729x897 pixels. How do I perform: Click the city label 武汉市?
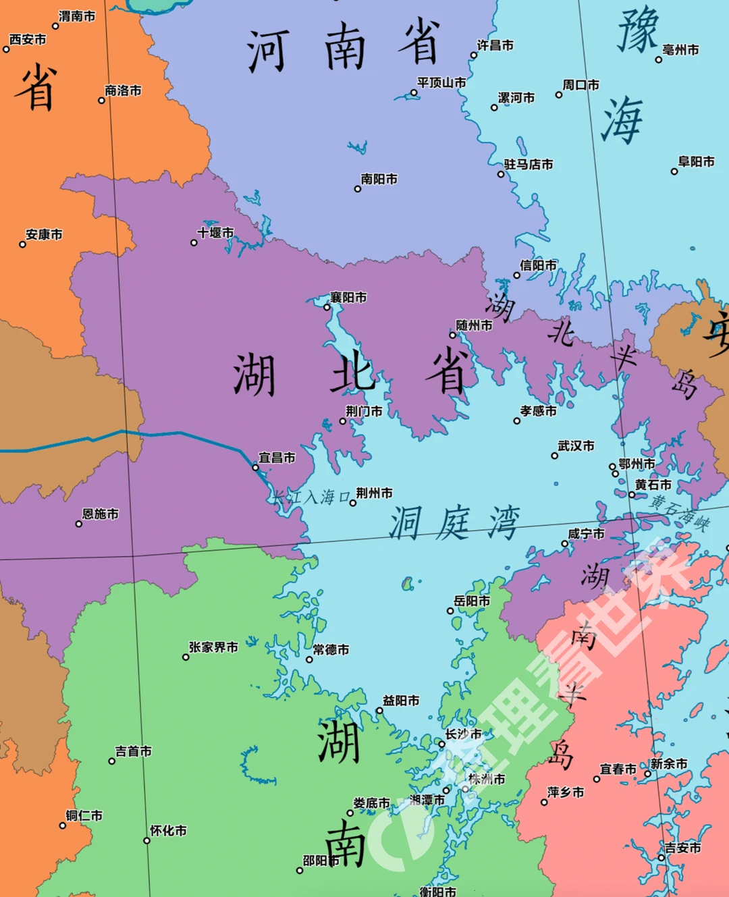[576, 446]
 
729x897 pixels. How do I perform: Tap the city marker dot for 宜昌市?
[255, 467]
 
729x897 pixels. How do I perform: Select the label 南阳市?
[379, 179]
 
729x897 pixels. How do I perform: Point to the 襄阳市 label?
[348, 298]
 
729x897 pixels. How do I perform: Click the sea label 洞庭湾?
[454, 523]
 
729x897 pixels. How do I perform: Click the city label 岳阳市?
[472, 601]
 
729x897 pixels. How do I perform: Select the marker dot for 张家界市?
[186, 657]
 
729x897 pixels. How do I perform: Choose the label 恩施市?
[101, 514]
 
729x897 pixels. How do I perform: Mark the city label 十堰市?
[215, 233]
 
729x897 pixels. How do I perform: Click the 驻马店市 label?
[529, 164]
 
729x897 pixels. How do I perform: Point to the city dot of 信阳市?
[517, 275]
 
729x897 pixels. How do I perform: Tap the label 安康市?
[44, 235]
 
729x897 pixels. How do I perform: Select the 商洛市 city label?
[123, 90]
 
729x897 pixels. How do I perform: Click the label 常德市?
[331, 649]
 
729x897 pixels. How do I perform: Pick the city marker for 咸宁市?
[565, 543]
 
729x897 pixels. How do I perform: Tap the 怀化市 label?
[168, 831]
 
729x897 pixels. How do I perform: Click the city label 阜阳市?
[696, 162]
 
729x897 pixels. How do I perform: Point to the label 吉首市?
[134, 751]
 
